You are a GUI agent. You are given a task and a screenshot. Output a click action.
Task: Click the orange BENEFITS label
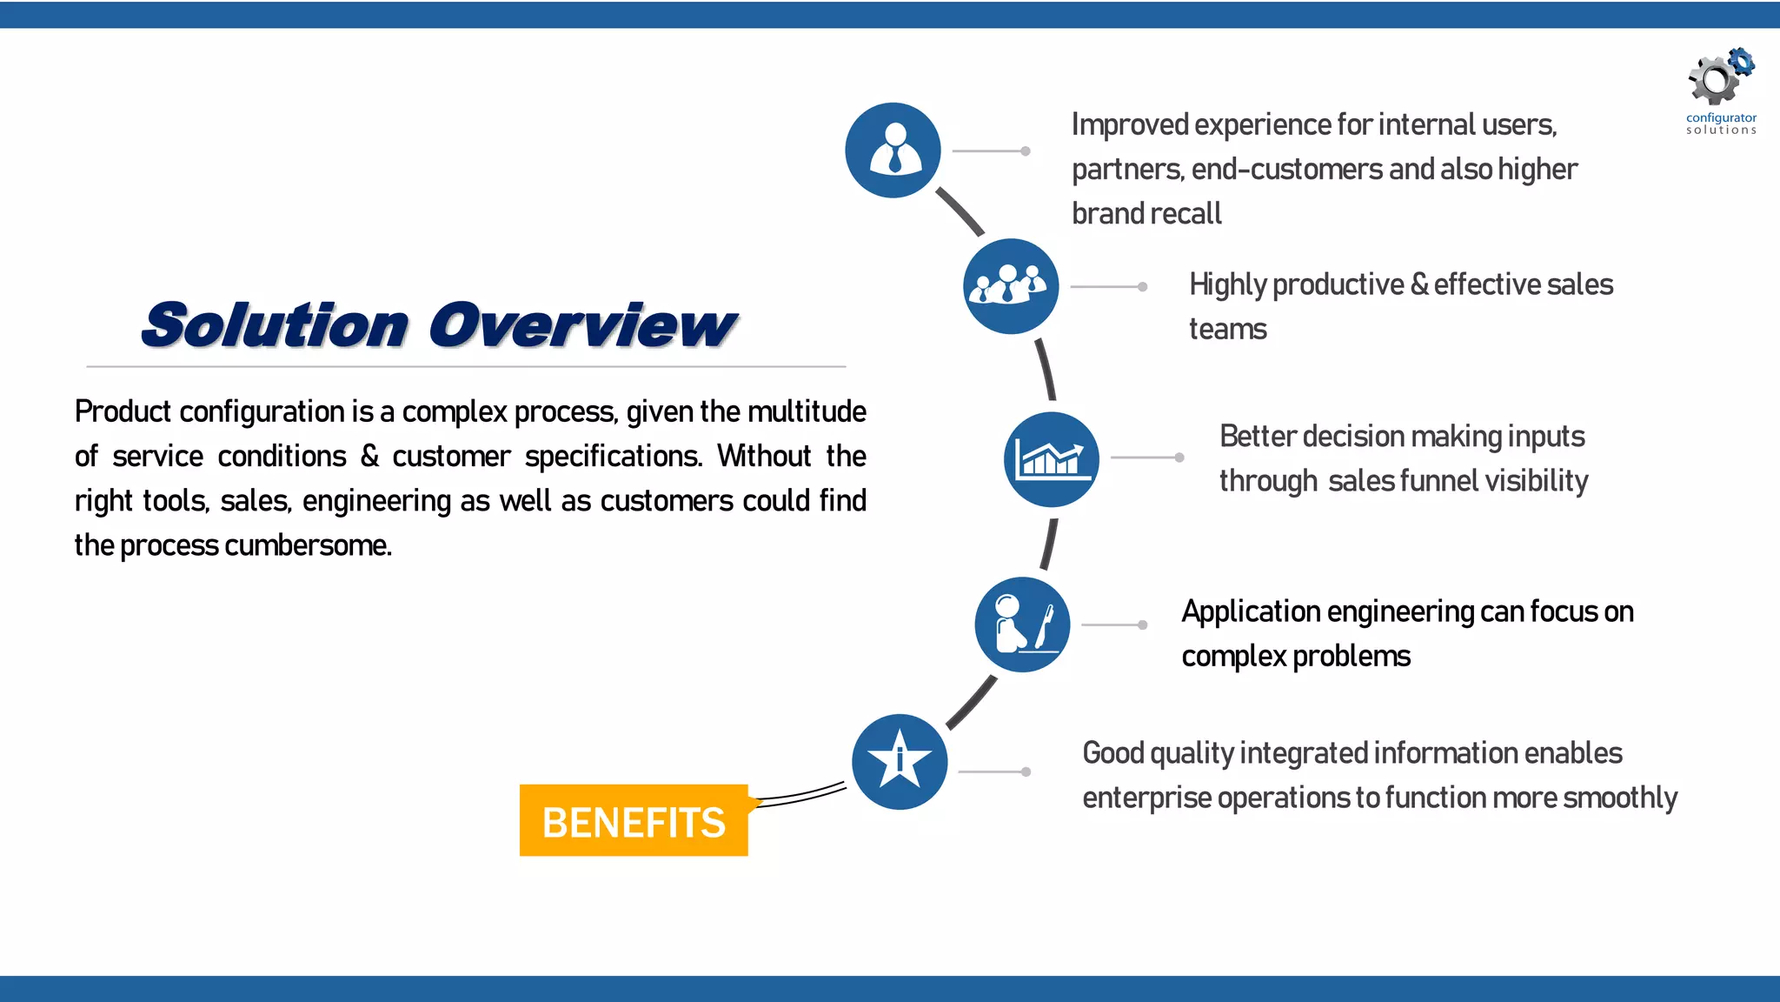[x=634, y=821]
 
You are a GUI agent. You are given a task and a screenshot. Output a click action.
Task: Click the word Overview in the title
[x=582, y=325]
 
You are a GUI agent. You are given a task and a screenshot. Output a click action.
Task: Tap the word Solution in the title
[x=275, y=325]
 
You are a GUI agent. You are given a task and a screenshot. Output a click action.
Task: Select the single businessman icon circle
[x=893, y=150]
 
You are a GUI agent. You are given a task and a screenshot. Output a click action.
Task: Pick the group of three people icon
[x=1010, y=285]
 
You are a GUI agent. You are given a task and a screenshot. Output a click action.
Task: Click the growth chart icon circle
[x=1051, y=459]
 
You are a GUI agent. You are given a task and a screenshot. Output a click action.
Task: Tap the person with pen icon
[x=1022, y=625]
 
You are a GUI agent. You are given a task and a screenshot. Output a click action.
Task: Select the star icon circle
[x=900, y=762]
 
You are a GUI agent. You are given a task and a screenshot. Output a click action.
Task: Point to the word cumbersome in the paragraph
[x=308, y=545]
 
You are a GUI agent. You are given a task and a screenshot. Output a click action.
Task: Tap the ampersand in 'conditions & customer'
[x=369, y=456]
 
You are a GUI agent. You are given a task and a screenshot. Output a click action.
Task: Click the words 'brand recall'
[x=1146, y=213]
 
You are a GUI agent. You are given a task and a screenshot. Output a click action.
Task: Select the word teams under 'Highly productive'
[x=1227, y=330]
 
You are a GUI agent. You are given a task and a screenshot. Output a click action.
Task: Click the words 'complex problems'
[x=1295, y=657]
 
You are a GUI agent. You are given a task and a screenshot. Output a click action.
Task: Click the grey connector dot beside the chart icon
[x=1179, y=458]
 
